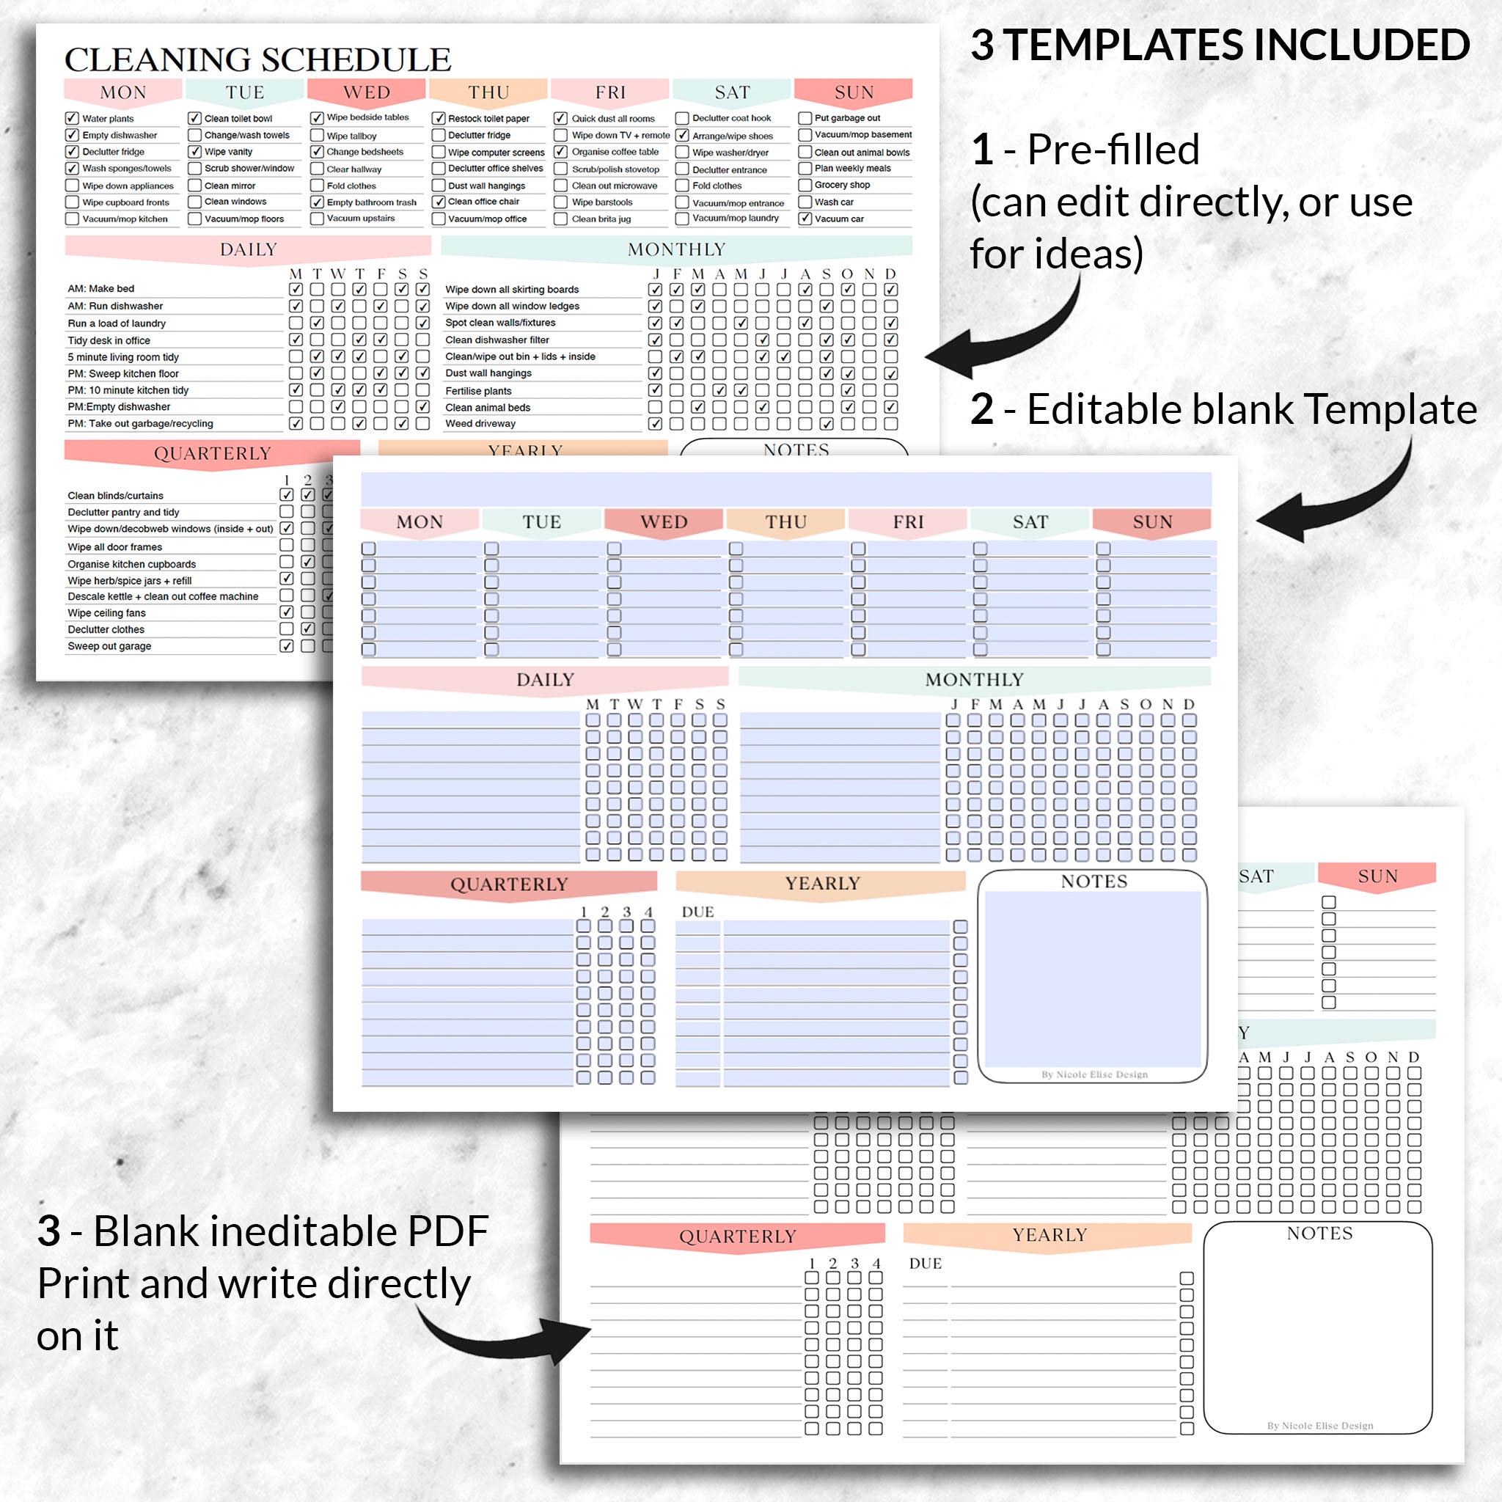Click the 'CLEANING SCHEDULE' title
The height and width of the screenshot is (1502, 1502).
coord(257,60)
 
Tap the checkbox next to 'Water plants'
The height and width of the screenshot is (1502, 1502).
coord(73,118)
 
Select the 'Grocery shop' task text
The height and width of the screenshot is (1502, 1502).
coord(842,185)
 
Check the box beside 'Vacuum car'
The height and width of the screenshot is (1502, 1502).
coord(805,219)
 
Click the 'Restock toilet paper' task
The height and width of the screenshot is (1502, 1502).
coord(488,119)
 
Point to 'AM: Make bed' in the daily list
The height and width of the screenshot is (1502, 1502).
coord(101,288)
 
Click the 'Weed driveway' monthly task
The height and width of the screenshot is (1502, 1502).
coord(480,424)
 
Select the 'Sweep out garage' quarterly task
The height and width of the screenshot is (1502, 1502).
coord(109,646)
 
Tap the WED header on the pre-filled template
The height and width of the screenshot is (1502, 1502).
coord(367,92)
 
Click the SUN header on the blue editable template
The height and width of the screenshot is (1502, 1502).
coord(1152,521)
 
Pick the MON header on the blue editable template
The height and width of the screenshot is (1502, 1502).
coord(420,521)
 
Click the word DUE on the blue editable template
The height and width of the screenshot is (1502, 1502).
coord(697,912)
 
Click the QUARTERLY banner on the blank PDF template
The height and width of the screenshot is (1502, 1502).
coord(737,1236)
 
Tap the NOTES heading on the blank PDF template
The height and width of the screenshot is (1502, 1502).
coord(1319,1234)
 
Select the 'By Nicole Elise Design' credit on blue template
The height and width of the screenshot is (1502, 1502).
coord(1093,1074)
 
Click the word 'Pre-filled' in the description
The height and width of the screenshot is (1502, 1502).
coord(1113,150)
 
